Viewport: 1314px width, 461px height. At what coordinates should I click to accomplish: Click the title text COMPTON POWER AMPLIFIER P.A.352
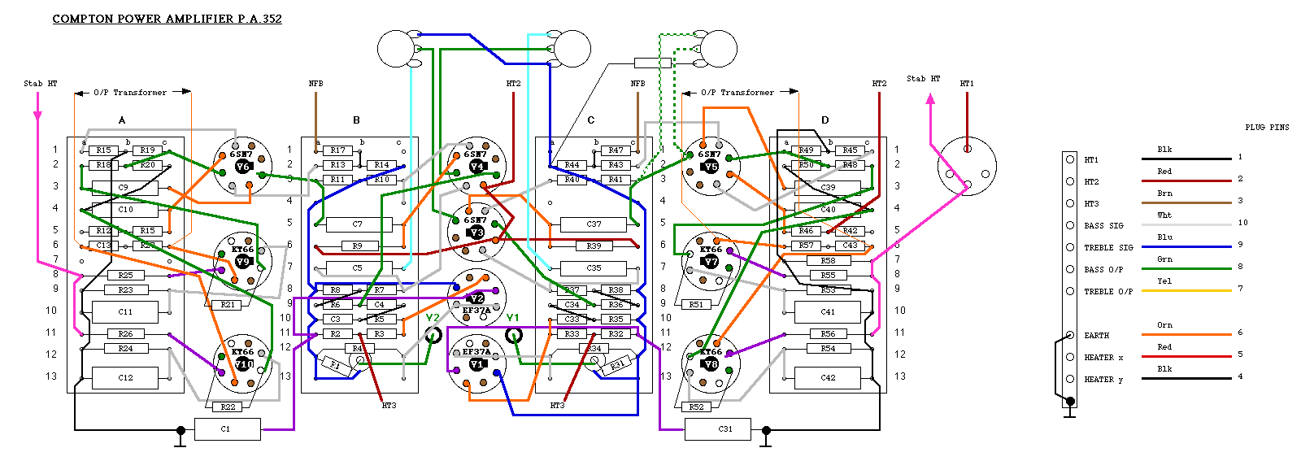pos(167,19)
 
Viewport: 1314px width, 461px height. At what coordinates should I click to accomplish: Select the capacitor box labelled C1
pos(227,428)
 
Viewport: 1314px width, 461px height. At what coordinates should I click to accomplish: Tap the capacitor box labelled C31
pos(717,428)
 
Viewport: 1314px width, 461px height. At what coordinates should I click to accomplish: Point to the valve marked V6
pos(242,167)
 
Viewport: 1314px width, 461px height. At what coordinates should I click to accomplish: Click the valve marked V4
pos(477,167)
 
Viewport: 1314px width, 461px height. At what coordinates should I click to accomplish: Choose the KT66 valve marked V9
pos(242,261)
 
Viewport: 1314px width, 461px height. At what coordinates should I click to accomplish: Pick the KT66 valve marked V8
pos(711,364)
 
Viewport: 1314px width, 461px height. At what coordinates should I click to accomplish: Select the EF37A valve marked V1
pos(477,364)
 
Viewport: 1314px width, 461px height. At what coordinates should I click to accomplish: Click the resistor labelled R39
pos(594,246)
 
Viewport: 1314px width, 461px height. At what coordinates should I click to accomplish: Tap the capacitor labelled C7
pos(358,224)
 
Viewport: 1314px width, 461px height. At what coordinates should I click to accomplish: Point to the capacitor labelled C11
pos(125,311)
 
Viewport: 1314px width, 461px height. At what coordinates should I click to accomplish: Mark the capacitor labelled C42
pos(828,377)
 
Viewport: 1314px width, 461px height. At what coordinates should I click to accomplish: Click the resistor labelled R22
pos(228,407)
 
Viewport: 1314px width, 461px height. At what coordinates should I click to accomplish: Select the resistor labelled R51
pos(696,304)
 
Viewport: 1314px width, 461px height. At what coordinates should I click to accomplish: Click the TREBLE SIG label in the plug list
pos(1108,247)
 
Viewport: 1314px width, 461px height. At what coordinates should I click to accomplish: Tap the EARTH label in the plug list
pos(1096,335)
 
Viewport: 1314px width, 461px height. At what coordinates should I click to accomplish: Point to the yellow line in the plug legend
pos(1186,290)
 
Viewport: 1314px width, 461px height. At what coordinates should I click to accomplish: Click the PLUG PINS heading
pos(1267,127)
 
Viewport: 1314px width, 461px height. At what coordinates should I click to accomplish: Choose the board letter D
pos(825,120)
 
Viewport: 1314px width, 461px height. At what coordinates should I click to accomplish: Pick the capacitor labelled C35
pos(594,267)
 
